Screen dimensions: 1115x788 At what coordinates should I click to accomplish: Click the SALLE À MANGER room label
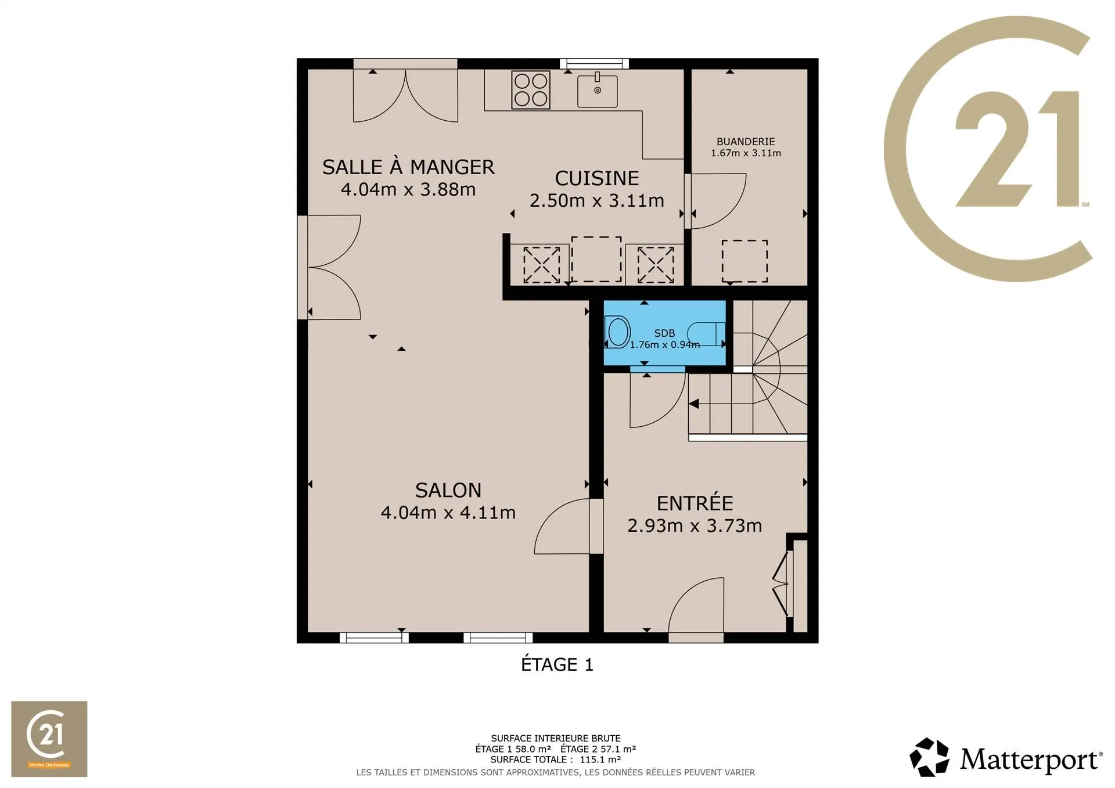point(408,167)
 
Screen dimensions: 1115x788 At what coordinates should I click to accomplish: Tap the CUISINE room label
point(597,178)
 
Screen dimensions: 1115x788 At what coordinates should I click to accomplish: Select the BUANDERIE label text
point(746,142)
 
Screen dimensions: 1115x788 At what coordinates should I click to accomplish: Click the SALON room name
point(448,491)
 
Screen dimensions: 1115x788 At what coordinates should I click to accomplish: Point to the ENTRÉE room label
point(695,503)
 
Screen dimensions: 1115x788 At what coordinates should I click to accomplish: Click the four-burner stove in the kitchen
point(531,90)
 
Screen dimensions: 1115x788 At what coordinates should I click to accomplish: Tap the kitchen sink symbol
point(597,90)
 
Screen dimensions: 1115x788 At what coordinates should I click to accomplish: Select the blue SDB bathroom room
point(664,333)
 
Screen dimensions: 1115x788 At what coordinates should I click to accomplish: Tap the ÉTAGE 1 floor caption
point(557,664)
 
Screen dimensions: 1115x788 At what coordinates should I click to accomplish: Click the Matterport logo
point(1006,757)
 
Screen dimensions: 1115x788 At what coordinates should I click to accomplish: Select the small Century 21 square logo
point(49,739)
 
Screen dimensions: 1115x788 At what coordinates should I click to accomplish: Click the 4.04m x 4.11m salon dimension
point(448,513)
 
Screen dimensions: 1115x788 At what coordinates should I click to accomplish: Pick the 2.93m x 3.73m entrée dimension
point(695,526)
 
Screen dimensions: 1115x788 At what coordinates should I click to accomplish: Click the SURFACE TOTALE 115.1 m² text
point(556,760)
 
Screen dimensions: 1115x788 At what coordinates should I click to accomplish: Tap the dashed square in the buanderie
point(744,261)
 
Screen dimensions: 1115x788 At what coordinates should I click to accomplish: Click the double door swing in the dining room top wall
point(405,96)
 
